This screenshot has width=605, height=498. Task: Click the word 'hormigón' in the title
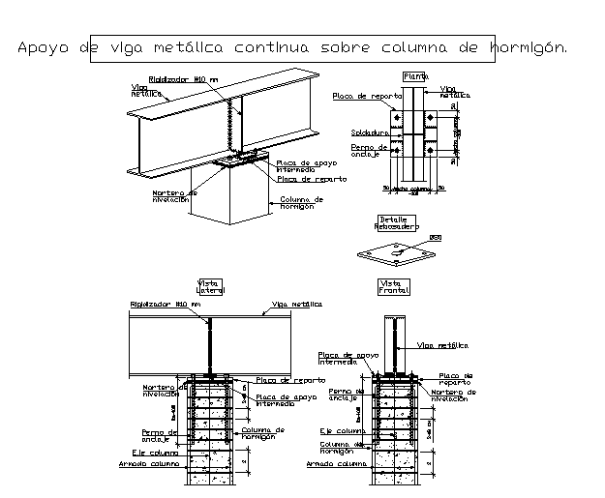pos(529,46)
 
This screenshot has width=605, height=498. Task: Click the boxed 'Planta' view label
pos(415,75)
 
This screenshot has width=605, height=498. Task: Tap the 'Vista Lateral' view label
pos(210,286)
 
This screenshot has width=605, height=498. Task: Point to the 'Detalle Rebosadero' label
pos(396,222)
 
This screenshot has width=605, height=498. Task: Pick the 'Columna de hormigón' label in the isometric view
pos(301,203)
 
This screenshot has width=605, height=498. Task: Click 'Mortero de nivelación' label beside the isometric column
pos(173,196)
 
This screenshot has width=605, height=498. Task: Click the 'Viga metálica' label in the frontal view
pos(442,344)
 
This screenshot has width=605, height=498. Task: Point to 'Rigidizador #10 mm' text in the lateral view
pos(166,305)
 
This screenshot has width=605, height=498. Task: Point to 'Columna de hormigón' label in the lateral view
pos(262,433)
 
